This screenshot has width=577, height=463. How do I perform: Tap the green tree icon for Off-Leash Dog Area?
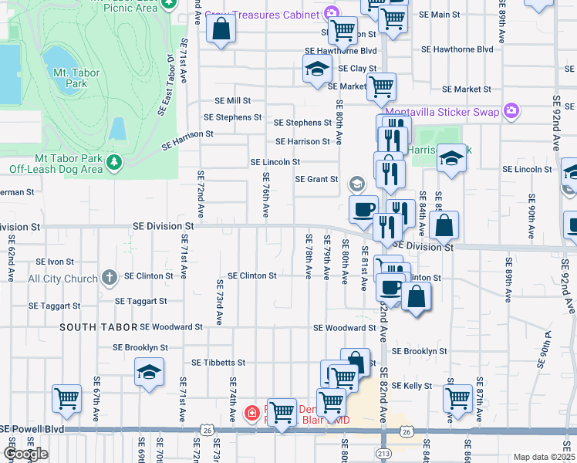click(114, 162)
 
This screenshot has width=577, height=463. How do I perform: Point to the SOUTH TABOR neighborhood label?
click(98, 327)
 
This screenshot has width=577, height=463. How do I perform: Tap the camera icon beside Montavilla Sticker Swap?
click(510, 111)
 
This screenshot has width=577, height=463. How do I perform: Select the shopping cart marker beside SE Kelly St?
click(458, 399)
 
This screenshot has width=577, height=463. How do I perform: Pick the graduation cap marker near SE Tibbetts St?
click(149, 373)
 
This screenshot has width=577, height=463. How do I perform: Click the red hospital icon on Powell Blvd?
click(251, 414)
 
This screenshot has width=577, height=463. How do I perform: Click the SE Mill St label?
click(233, 101)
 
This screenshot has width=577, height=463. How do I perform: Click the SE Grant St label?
click(317, 179)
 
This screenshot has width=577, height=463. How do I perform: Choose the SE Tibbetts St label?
click(218, 362)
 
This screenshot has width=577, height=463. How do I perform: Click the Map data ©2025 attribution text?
click(543, 457)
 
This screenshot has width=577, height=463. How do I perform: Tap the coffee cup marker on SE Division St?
click(363, 208)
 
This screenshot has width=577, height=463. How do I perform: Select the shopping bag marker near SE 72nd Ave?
click(221, 31)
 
